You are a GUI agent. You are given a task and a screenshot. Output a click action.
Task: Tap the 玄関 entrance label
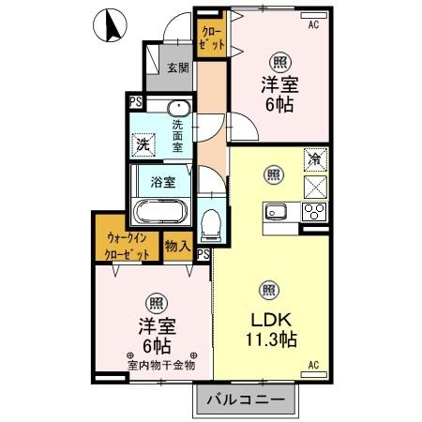(178, 68)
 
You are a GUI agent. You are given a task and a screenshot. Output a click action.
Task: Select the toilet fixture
(210, 221)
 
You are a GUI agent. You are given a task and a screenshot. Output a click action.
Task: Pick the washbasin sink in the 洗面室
(178, 107)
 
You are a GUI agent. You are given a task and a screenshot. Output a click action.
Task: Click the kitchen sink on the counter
(276, 209)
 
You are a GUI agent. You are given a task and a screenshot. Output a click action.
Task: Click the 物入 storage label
(177, 247)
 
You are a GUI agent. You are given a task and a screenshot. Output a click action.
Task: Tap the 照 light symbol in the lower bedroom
(155, 302)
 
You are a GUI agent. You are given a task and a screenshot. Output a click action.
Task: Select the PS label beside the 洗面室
(136, 101)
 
